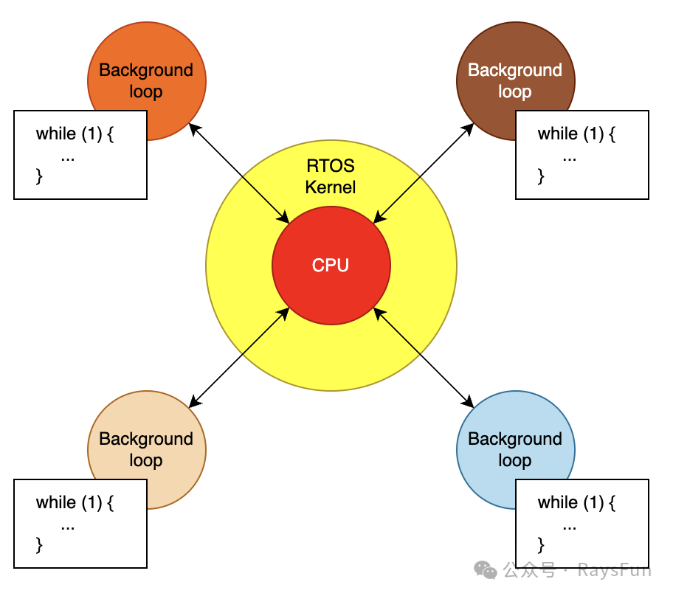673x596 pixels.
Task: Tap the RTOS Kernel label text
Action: [x=331, y=177]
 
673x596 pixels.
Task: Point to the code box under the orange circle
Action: [x=80, y=155]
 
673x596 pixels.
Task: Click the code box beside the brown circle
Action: [x=581, y=155]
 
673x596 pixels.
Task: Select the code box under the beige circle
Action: [x=80, y=524]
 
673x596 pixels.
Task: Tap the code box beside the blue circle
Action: [x=581, y=524]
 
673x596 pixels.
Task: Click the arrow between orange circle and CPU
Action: [x=239, y=173]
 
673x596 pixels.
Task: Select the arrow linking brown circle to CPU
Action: [x=423, y=173]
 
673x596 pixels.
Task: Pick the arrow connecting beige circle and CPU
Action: [x=238, y=358]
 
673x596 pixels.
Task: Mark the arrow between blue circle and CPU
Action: [x=424, y=358]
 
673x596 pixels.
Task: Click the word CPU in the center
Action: [x=331, y=266]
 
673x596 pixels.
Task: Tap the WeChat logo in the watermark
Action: [x=486, y=570]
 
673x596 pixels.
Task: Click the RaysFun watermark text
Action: [x=614, y=570]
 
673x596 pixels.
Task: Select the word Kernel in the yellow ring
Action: [x=331, y=187]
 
